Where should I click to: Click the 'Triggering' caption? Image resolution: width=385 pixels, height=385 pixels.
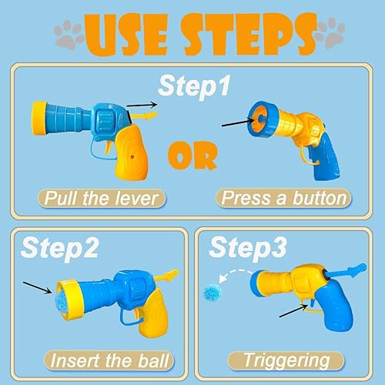(286, 360)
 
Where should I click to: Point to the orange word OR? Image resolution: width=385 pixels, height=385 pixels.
(192, 154)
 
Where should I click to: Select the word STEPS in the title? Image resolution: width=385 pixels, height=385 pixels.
(246, 35)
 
